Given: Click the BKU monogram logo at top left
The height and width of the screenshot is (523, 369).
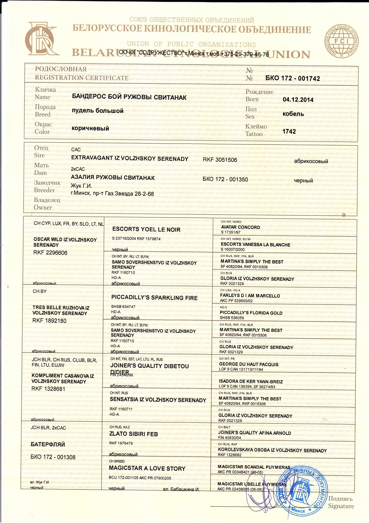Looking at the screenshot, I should coord(41,39).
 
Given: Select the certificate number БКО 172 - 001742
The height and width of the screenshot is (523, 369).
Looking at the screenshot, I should coord(293,79).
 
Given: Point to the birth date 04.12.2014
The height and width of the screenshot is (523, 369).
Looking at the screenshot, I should coord(298,100).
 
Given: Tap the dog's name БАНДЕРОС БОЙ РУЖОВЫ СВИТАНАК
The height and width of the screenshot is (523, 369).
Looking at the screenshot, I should coord(129,97).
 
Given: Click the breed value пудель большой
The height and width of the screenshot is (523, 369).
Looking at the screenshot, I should coord(97,111).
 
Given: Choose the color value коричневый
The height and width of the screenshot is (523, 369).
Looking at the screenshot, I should coord(90,128).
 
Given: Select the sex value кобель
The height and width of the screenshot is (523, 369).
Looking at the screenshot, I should coord(293,114).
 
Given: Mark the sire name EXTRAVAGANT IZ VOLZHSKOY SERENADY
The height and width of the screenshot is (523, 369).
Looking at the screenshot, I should coord(130,159).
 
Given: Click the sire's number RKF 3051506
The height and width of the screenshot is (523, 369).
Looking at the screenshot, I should coord(220,160).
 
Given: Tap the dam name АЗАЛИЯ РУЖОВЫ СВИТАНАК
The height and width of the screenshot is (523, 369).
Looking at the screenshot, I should coord(113,178).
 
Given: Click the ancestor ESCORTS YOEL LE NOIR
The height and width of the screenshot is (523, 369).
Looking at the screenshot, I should coord(146,230).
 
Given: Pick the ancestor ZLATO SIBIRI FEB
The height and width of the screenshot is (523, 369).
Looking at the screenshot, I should coord(133,434).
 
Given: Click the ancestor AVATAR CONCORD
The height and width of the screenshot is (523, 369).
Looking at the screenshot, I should coord(240,227).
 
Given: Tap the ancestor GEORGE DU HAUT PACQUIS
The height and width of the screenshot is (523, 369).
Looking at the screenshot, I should coord(249,364).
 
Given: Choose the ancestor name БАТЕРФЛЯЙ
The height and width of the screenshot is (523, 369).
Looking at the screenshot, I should coord(48,445).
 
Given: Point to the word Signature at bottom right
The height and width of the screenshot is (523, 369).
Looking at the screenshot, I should coord(341,506).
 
